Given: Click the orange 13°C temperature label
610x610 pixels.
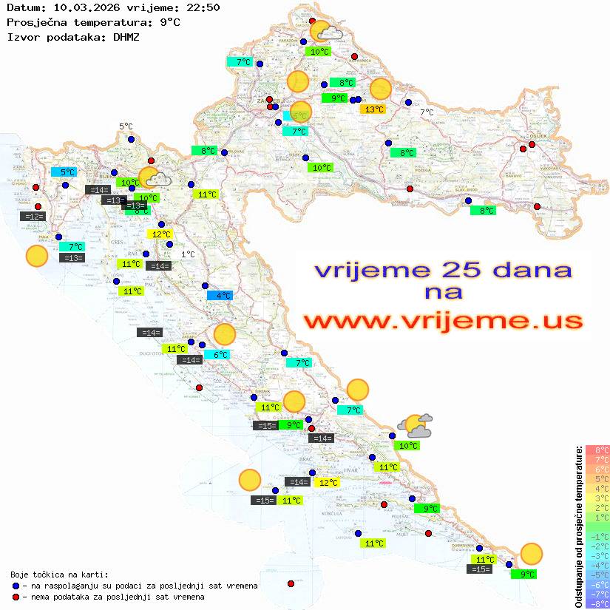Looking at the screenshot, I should click(372, 109).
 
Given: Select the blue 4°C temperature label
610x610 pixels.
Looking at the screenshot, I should click(220, 295).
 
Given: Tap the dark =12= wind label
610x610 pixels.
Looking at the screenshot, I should click(34, 217).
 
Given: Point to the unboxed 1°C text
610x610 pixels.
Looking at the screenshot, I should click(188, 254).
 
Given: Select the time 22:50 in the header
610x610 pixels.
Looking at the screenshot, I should click(202, 7).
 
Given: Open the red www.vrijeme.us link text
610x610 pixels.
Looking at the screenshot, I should click(443, 321).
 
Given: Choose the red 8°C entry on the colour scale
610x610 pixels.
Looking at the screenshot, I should click(597, 450).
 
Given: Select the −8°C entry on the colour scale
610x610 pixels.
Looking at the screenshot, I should click(597, 603).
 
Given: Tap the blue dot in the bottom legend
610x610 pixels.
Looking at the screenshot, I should click(16, 586).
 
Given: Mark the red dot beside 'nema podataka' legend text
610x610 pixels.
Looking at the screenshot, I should click(16, 597).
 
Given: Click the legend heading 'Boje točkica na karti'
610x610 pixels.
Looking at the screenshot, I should click(59, 575).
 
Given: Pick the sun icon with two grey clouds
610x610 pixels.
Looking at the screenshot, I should click(414, 425).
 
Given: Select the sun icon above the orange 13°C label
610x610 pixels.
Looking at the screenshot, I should click(380, 89).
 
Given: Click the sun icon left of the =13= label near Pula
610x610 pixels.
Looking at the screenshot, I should click(36, 257).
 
